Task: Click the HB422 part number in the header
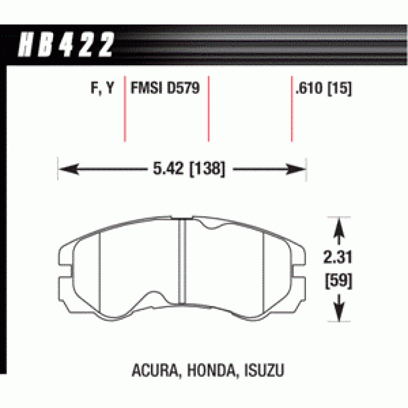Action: tap(66, 44)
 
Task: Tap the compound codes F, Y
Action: tap(103, 88)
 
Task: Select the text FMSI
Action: tap(146, 87)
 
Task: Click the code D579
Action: tap(183, 87)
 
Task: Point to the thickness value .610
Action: tap(309, 88)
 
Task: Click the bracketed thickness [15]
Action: tap(339, 88)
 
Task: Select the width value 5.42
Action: tap(168, 168)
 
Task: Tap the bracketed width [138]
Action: tap(207, 169)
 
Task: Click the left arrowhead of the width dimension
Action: tap(69, 169)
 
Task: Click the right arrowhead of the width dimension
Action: tap(296, 169)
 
